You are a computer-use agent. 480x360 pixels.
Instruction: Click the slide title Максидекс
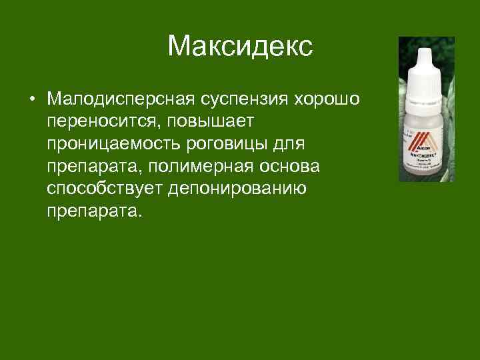pos(240,47)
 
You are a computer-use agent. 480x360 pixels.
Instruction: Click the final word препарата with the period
pos(95,210)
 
